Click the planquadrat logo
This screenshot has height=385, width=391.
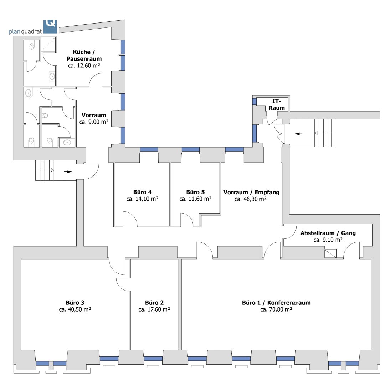coord(33,27)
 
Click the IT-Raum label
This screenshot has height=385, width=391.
coord(277,104)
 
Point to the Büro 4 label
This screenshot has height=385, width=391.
coord(143,192)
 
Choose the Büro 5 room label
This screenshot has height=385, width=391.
coord(195,192)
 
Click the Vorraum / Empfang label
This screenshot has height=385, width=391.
coord(251,192)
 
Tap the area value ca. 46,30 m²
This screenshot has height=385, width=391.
coord(251,199)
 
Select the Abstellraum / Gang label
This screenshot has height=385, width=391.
coord(328,233)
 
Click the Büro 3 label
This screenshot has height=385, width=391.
coord(75,302)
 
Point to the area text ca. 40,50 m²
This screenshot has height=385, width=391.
coord(75,309)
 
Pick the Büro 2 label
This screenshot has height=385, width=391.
coord(154,302)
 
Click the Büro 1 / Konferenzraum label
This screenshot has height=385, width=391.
coord(276,303)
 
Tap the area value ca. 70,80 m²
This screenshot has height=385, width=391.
coord(276,310)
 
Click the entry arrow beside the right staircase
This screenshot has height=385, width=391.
coord(298,134)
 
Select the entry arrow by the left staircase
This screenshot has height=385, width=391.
coord(68,171)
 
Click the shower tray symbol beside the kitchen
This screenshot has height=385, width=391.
coord(48,45)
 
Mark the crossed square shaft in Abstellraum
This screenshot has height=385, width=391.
coord(330,253)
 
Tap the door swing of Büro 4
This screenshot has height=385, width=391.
coord(130,218)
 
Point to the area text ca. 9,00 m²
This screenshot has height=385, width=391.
coord(94,122)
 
